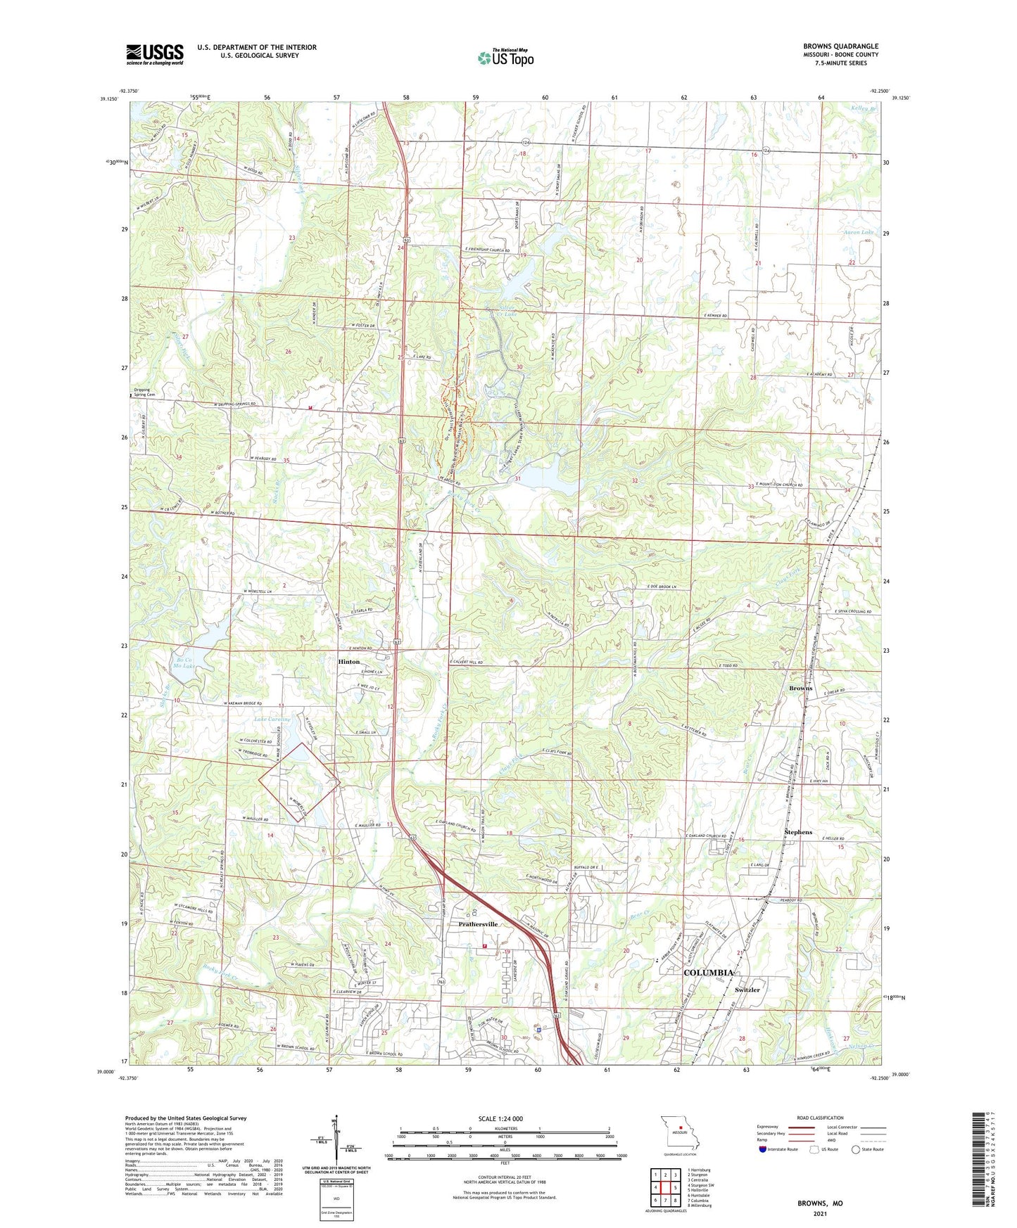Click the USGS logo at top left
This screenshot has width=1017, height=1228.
pyautogui.click(x=154, y=54)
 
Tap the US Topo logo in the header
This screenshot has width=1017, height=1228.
pyautogui.click(x=505, y=58)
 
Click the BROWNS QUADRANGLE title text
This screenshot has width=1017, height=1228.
pyautogui.click(x=840, y=46)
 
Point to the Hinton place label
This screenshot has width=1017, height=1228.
pyautogui.click(x=348, y=662)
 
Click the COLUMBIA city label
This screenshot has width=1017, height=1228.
pyautogui.click(x=709, y=973)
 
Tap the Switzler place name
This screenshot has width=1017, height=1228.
pyautogui.click(x=747, y=990)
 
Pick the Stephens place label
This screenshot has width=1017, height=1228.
pyautogui.click(x=798, y=832)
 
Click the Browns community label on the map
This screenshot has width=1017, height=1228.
pyautogui.click(x=800, y=688)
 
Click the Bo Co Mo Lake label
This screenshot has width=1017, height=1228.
pyautogui.click(x=184, y=663)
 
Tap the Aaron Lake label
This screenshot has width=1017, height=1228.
pyautogui.click(x=858, y=232)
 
